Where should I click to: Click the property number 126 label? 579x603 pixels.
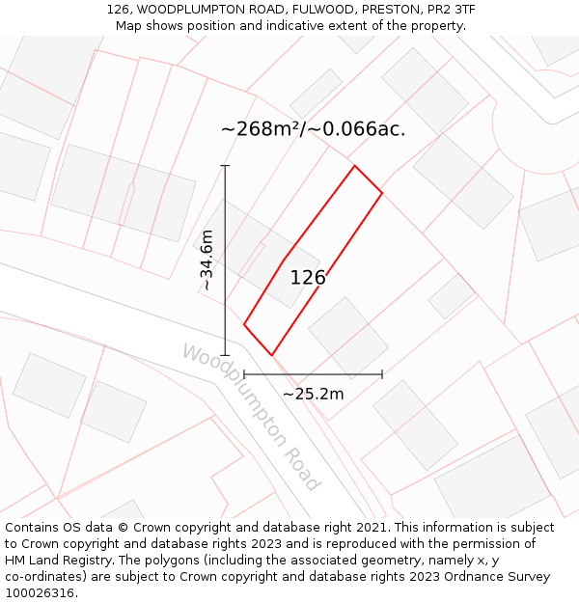(x=308, y=278)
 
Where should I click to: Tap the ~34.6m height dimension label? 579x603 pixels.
(x=207, y=260)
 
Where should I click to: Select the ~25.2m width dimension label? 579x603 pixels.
(x=313, y=394)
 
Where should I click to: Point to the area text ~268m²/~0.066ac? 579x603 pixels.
(x=313, y=128)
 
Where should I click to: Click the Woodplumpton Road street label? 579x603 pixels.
(x=250, y=417)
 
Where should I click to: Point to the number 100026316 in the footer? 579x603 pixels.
(x=39, y=593)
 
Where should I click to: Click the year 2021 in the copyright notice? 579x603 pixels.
(x=371, y=528)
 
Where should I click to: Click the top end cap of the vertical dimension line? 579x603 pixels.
(x=225, y=166)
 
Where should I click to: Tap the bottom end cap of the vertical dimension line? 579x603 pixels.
(x=225, y=355)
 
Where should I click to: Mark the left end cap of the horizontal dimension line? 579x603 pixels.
(x=244, y=374)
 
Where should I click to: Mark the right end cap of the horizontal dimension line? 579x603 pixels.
(x=382, y=374)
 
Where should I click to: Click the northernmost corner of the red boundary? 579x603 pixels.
(x=355, y=166)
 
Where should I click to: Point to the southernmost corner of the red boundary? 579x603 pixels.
(x=272, y=354)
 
